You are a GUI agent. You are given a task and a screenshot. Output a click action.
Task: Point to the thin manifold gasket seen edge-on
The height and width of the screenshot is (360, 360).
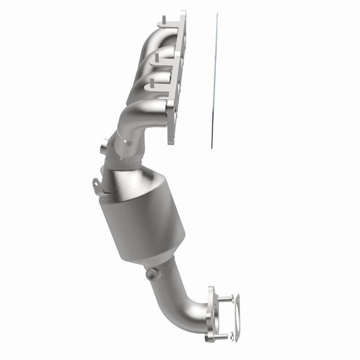(214, 81)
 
